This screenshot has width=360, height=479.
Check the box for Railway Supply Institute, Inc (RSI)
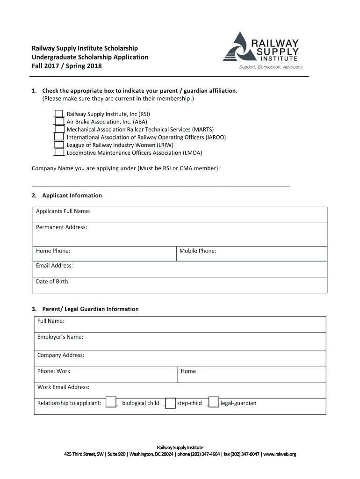click(59, 114)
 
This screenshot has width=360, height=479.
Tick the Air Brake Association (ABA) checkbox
click(59, 122)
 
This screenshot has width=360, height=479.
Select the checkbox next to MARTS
click(59, 129)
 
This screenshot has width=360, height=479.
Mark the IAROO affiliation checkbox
click(59, 137)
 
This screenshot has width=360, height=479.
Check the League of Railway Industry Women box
click(59, 145)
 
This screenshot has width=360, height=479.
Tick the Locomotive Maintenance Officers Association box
click(59, 152)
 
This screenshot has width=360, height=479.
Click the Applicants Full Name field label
click(63, 211)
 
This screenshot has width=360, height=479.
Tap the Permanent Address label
click(61, 227)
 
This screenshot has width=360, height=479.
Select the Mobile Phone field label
click(198, 251)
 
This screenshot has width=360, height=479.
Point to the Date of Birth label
click(53, 282)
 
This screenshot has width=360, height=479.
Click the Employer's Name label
click(60, 337)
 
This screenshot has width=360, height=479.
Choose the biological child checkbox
click(111, 403)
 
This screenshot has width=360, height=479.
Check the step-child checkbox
click(170, 403)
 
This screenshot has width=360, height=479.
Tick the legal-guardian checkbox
click(213, 403)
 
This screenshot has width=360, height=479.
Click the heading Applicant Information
click(72, 196)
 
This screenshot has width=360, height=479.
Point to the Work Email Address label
click(63, 387)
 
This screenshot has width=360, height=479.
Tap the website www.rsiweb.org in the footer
click(280, 454)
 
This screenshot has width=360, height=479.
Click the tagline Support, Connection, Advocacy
click(271, 67)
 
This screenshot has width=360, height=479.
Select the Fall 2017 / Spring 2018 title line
click(66, 66)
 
